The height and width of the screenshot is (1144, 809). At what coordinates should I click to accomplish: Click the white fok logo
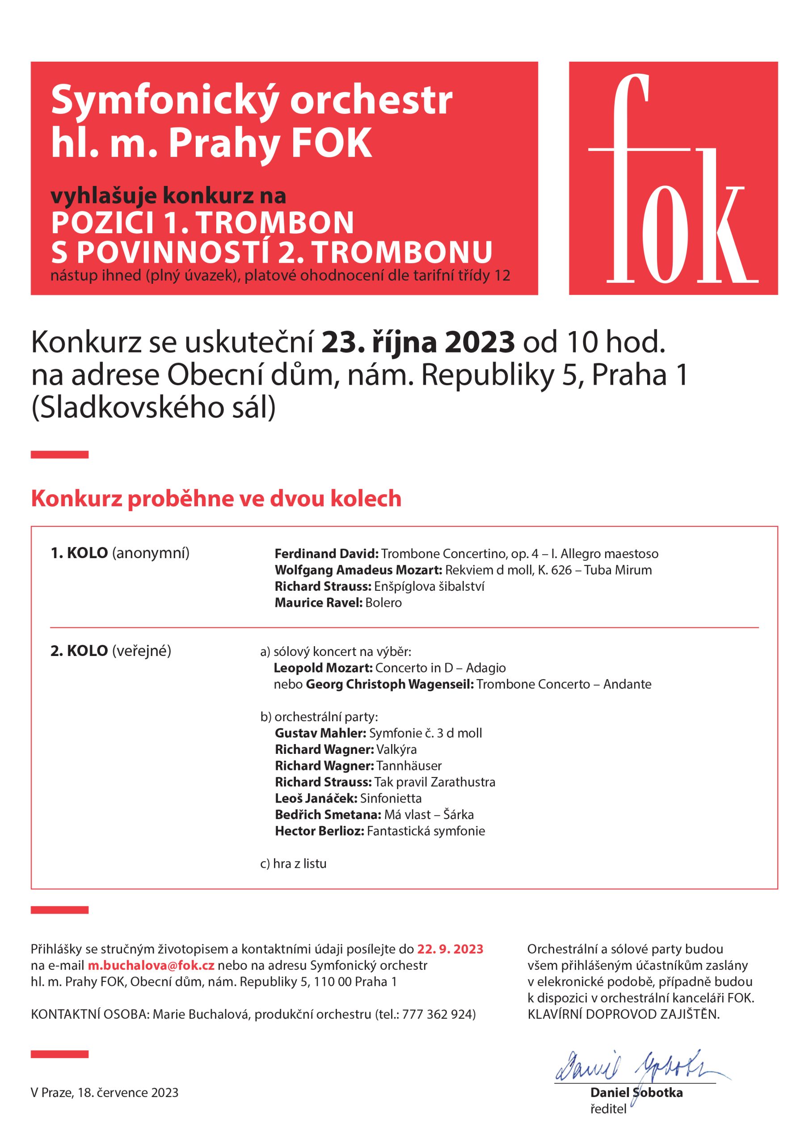673,179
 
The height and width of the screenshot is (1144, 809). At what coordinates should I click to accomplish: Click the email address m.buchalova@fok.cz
151,965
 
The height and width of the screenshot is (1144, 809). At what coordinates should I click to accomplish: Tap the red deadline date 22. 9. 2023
450,949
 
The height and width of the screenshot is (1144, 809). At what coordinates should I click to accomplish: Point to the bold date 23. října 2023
418,342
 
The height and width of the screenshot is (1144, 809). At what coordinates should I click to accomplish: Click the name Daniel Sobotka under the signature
636,1092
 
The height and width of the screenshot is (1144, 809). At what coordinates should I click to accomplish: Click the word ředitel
608,1109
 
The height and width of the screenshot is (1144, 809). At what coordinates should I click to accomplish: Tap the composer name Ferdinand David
326,554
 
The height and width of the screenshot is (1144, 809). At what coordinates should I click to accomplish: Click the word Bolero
383,602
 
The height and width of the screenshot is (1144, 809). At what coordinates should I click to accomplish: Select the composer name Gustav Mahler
320,733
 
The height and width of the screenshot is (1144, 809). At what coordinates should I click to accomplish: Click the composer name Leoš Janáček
316,798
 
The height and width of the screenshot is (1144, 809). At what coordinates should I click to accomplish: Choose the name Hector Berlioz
320,831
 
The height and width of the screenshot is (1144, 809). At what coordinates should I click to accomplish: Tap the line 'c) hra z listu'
293,863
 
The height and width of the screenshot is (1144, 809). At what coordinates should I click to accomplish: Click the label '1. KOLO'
79,553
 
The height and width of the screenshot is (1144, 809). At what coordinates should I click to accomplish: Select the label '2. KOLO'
79,651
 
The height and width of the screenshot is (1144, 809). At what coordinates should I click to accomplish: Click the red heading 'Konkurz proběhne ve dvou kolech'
216,498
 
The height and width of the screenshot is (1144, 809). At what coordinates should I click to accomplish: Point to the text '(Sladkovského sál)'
153,408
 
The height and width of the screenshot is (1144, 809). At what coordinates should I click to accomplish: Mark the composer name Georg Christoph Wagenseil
389,684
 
